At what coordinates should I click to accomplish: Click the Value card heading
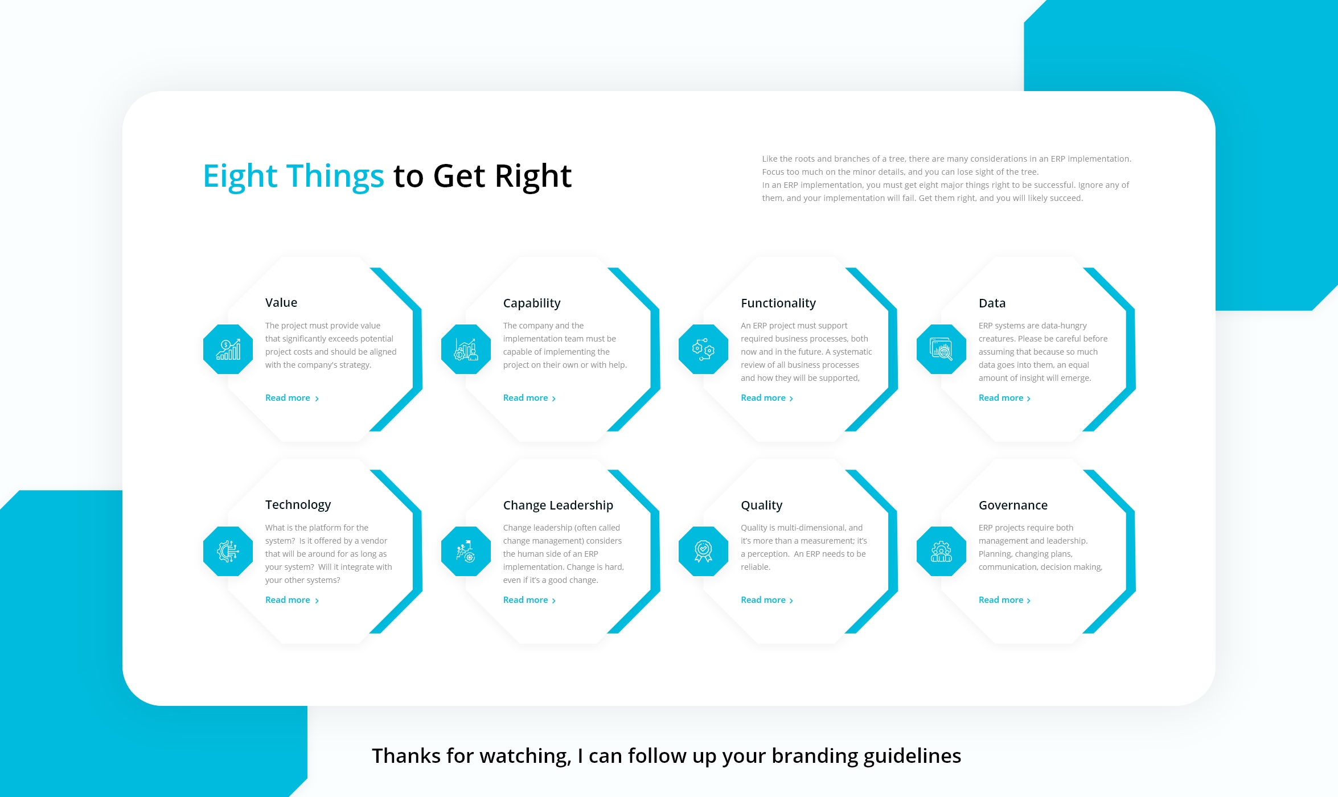click(x=281, y=302)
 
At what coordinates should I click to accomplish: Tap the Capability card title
click(x=531, y=303)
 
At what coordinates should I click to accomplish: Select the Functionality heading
click(x=778, y=303)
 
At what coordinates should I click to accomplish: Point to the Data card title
click(x=992, y=303)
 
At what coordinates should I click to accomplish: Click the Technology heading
click(x=298, y=504)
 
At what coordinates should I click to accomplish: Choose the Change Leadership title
click(x=557, y=505)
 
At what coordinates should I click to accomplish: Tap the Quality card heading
click(x=761, y=505)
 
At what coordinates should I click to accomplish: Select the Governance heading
click(x=1013, y=505)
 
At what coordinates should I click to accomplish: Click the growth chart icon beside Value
click(x=228, y=349)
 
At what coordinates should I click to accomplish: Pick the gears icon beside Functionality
click(x=703, y=349)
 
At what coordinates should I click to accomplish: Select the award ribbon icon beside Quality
click(x=703, y=551)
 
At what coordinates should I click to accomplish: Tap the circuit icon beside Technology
click(x=228, y=551)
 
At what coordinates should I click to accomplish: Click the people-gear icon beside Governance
click(x=941, y=551)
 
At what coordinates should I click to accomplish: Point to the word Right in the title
click(x=533, y=176)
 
